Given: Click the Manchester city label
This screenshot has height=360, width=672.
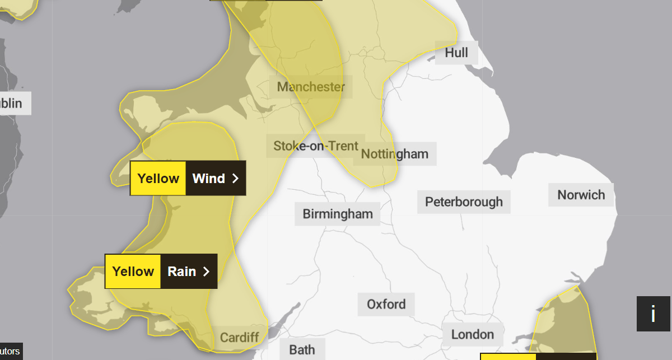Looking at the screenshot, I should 311,87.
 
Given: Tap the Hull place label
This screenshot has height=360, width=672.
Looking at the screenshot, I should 456,53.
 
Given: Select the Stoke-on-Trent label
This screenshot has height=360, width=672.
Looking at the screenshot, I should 316,146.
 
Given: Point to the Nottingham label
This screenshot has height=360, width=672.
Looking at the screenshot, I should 395,154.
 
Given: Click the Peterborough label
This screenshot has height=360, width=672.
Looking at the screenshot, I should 464,202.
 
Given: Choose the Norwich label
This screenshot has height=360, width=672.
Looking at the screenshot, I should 581,195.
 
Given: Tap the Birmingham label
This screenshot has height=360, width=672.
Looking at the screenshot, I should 338,214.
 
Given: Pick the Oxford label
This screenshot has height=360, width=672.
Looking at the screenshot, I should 386,304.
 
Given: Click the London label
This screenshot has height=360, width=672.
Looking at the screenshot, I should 473,334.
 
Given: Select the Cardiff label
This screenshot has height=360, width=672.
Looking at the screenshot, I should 240,337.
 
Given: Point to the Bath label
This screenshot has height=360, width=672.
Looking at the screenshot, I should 302,350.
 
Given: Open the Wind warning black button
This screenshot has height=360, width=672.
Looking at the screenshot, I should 216,179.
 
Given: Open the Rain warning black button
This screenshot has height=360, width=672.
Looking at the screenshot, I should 189,272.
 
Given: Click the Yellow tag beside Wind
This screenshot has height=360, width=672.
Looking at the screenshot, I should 158,179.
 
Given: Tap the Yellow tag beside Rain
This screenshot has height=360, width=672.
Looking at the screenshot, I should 133,272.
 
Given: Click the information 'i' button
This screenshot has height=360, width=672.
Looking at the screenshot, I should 653,314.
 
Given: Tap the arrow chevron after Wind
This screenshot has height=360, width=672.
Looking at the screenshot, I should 236,179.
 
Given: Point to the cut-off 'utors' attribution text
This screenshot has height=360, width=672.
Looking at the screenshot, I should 10,352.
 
